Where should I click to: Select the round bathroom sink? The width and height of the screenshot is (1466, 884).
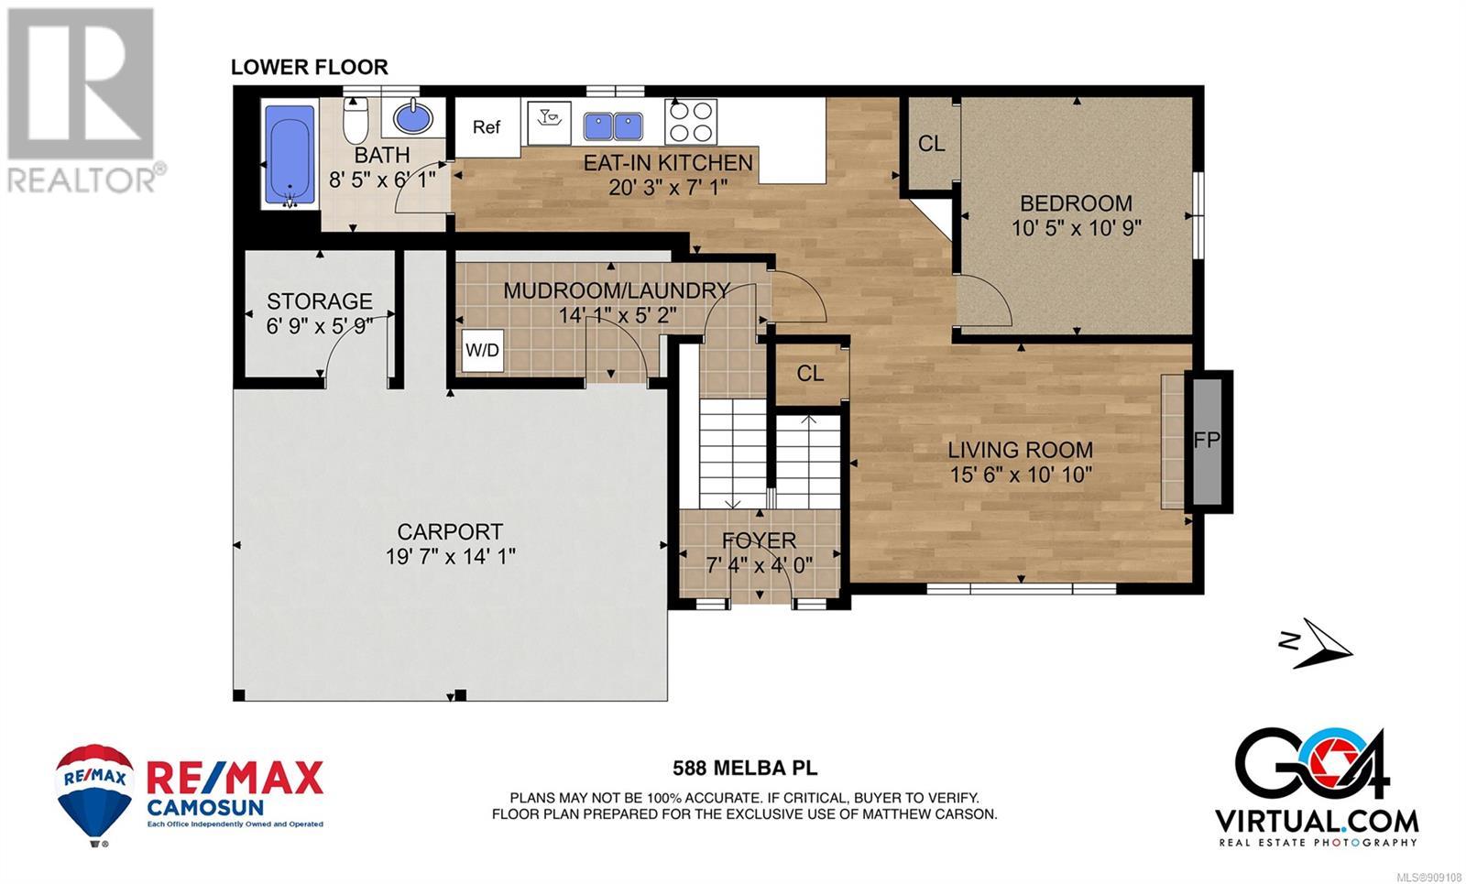(x=413, y=118)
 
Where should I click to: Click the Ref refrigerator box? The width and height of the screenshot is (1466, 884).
(x=487, y=127)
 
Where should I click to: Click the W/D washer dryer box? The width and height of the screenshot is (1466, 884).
(x=482, y=351)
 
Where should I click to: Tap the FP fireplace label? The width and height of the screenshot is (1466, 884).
(x=1207, y=441)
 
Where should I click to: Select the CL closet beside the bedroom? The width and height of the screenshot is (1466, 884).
(x=931, y=143)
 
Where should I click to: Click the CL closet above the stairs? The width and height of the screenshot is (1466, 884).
(x=810, y=374)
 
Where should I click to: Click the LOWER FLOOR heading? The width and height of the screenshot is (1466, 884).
(x=310, y=67)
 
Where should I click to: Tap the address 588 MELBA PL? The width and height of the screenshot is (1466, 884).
(x=746, y=769)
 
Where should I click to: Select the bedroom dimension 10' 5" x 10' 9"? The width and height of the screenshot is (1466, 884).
(x=1077, y=228)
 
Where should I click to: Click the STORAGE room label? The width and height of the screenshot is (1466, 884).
(x=320, y=301)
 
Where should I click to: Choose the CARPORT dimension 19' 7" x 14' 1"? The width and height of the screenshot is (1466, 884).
(x=450, y=557)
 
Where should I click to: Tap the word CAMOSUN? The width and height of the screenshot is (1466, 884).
(x=205, y=807)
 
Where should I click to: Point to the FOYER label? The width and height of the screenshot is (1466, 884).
(x=760, y=540)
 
